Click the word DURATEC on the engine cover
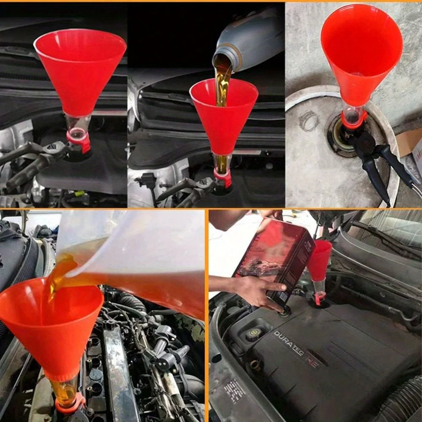(x=289, y=343)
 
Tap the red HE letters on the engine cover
(x=313, y=362)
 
